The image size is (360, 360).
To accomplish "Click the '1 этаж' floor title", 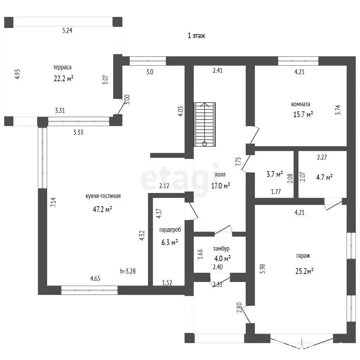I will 197,36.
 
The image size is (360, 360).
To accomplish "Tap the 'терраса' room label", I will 63,67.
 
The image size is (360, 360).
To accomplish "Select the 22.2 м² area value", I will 63,78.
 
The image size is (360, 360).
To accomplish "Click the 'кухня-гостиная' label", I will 103,196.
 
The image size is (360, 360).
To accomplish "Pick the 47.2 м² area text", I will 102,210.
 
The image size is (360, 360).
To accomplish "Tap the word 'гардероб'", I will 170,230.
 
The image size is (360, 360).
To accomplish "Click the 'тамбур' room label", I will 221,249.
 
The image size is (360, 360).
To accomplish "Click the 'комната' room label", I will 301,104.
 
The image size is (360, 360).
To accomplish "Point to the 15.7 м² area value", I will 303,114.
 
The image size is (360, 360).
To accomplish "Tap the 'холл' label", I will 220,174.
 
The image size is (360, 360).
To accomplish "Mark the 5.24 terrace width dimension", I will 67,30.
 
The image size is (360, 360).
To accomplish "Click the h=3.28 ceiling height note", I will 128,271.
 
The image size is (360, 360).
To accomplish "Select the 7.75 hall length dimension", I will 238,161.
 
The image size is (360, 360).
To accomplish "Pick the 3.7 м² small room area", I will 275,174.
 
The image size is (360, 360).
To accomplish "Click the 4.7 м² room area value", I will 324,178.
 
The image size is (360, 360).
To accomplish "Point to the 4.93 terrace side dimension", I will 18,75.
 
